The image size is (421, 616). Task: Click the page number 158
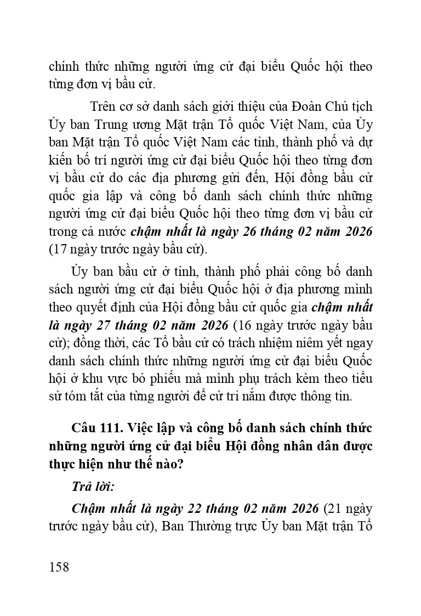point(59,567)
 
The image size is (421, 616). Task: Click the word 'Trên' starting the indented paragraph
point(103,105)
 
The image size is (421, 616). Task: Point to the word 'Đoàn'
point(296,105)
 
